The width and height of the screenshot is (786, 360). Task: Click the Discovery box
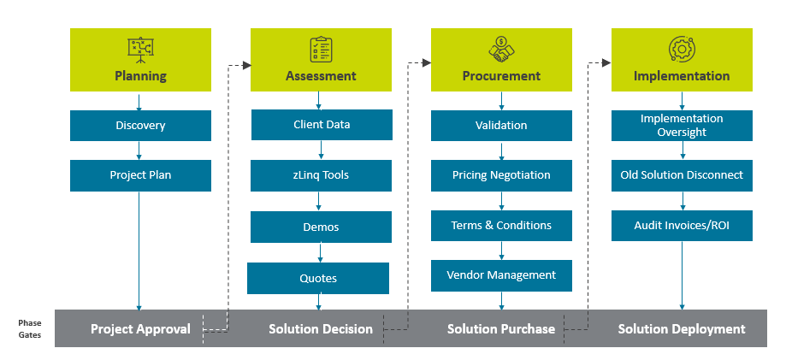(140, 126)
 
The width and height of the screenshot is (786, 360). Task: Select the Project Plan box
(140, 175)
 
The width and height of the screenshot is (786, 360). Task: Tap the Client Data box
(322, 125)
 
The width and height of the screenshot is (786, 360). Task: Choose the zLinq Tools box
(321, 175)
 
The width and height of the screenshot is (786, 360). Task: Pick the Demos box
(321, 227)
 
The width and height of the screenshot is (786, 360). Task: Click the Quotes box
(318, 278)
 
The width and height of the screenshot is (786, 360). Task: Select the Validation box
(501, 126)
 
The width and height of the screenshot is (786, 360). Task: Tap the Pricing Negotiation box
(501, 175)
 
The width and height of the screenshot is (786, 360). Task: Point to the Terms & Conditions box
(501, 226)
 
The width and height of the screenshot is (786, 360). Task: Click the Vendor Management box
(501, 275)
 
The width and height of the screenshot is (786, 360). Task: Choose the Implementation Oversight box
(682, 126)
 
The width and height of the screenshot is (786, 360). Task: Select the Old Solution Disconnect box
(682, 175)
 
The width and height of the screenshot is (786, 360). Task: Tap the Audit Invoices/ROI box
(682, 226)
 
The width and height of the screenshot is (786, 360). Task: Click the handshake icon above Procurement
(502, 49)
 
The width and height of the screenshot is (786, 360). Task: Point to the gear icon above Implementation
(682, 49)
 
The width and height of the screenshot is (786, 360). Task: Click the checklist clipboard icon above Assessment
(321, 49)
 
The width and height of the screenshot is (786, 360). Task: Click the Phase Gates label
(30, 329)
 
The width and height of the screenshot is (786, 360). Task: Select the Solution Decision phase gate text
(321, 329)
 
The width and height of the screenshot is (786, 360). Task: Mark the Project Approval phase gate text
(140, 329)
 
